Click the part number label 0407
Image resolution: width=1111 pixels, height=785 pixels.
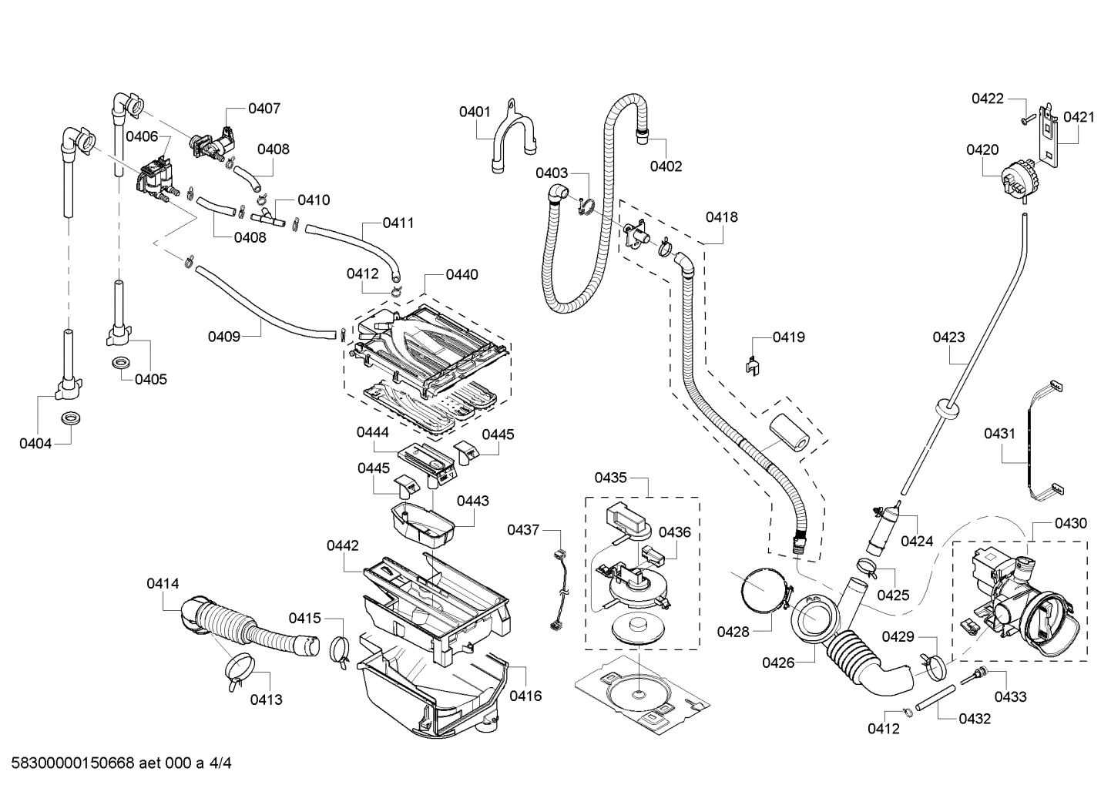click(x=263, y=109)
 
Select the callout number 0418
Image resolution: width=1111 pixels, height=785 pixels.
click(x=722, y=217)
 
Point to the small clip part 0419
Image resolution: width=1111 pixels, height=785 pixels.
click(x=752, y=365)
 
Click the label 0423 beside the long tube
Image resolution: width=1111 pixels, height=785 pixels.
click(x=948, y=337)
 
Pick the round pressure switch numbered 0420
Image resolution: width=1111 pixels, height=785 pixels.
click(x=1017, y=180)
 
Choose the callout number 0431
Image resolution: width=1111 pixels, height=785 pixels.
click(x=999, y=434)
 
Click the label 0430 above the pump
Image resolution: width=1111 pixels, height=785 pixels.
click(x=1071, y=523)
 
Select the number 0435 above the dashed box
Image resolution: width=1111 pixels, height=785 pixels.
click(x=610, y=478)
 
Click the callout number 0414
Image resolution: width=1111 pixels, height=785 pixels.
click(x=163, y=584)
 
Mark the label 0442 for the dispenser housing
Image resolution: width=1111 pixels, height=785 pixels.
click(x=342, y=545)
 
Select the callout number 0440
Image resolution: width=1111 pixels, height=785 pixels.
click(x=462, y=274)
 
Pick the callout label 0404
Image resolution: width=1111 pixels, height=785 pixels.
click(x=35, y=443)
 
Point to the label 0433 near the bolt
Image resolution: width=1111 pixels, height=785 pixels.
click(x=1009, y=696)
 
